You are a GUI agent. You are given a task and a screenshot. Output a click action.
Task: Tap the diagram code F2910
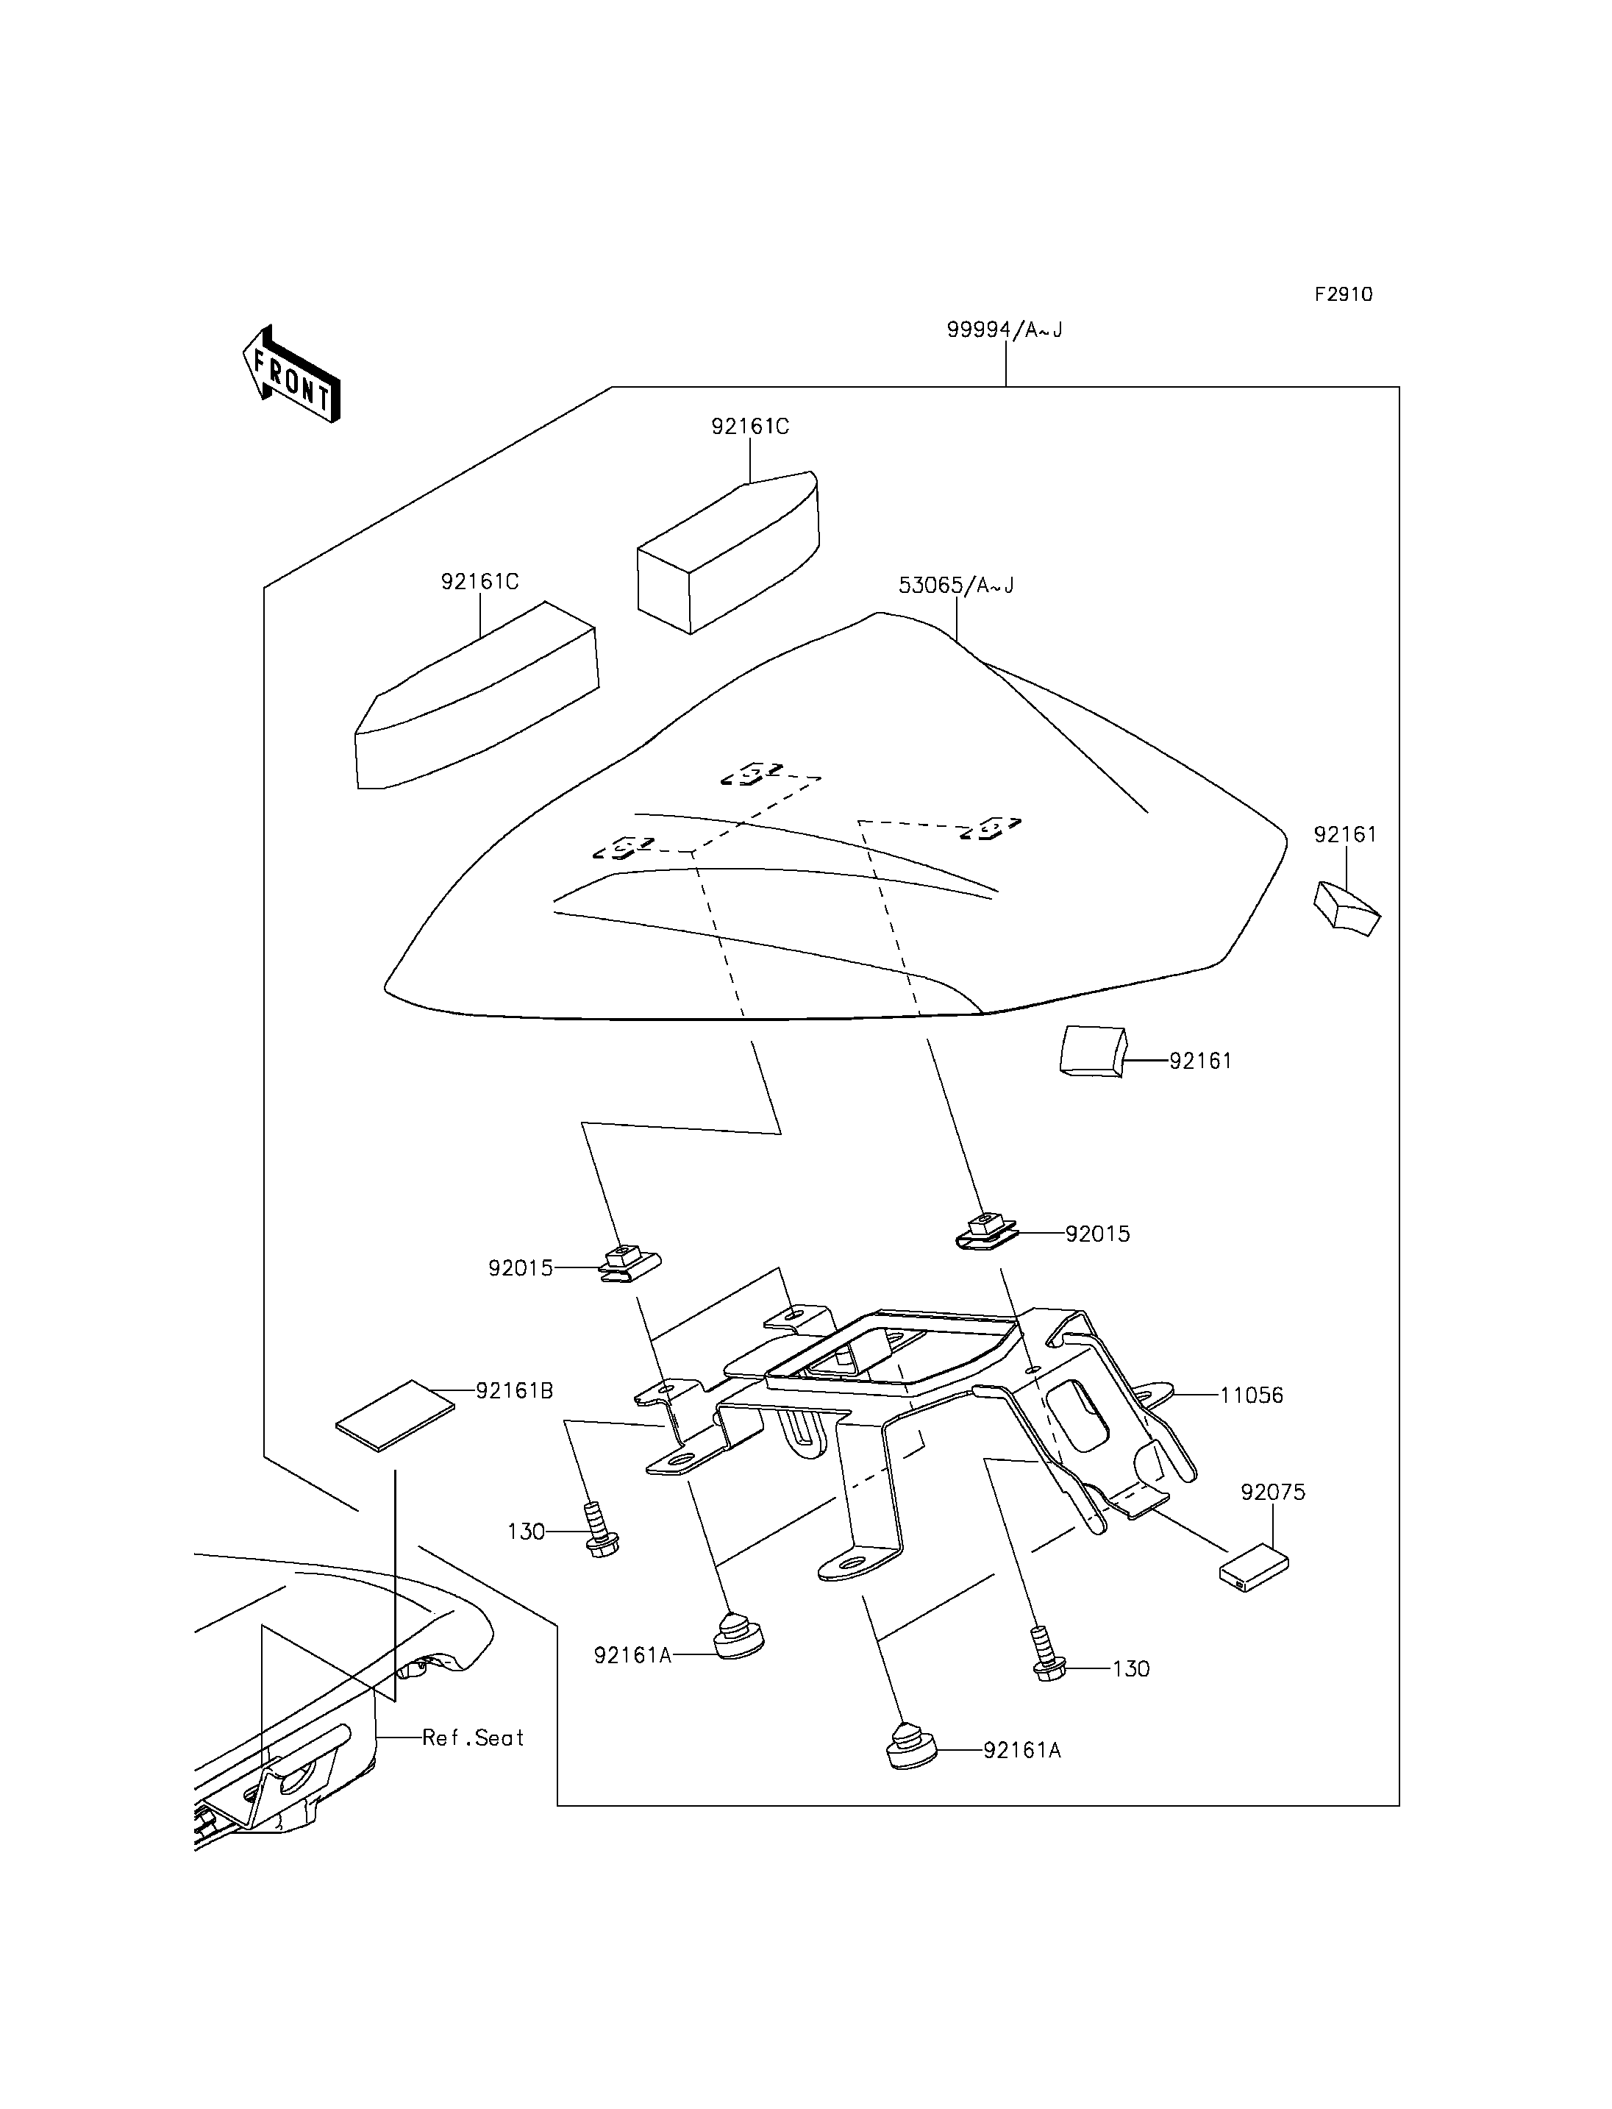(1344, 295)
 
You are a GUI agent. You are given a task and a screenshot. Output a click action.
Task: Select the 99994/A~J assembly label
(1005, 330)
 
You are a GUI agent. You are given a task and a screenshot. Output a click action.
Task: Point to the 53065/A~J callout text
(956, 585)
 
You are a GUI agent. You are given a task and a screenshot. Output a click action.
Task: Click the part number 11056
(1251, 1395)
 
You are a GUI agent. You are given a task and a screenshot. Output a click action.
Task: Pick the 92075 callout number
(1273, 1492)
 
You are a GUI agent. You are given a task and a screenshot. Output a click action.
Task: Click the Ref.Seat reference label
(473, 1738)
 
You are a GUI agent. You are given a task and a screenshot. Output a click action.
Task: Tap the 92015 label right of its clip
(1098, 1234)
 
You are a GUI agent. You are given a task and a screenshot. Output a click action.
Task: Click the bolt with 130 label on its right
(1048, 1654)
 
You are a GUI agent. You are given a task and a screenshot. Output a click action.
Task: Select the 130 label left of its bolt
(526, 1531)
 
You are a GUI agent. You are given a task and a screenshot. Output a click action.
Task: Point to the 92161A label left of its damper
(633, 1655)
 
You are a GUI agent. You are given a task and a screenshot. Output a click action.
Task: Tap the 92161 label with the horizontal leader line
(1200, 1061)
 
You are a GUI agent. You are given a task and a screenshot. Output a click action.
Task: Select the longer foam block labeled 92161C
(477, 695)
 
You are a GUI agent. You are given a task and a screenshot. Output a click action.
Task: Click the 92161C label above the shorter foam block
(750, 426)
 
